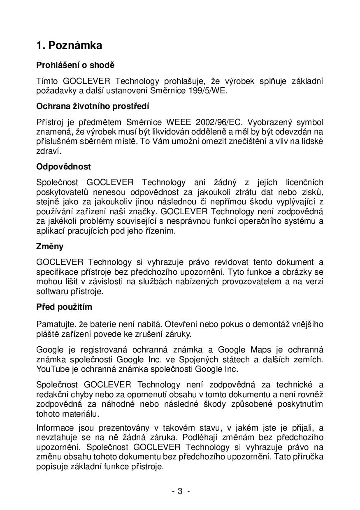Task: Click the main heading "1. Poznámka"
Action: pos(69,46)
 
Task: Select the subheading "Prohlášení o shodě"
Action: pos(75,65)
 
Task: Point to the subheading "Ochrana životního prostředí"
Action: pos(93,106)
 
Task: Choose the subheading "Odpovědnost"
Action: pos(63,167)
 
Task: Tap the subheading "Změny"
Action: pos(50,246)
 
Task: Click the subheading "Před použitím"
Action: pos(64,307)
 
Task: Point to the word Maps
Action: pos(261,350)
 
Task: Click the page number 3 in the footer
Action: pos(180,491)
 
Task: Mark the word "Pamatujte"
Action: pos(56,325)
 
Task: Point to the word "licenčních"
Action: pos(302,182)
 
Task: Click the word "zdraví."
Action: pos(49,151)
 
